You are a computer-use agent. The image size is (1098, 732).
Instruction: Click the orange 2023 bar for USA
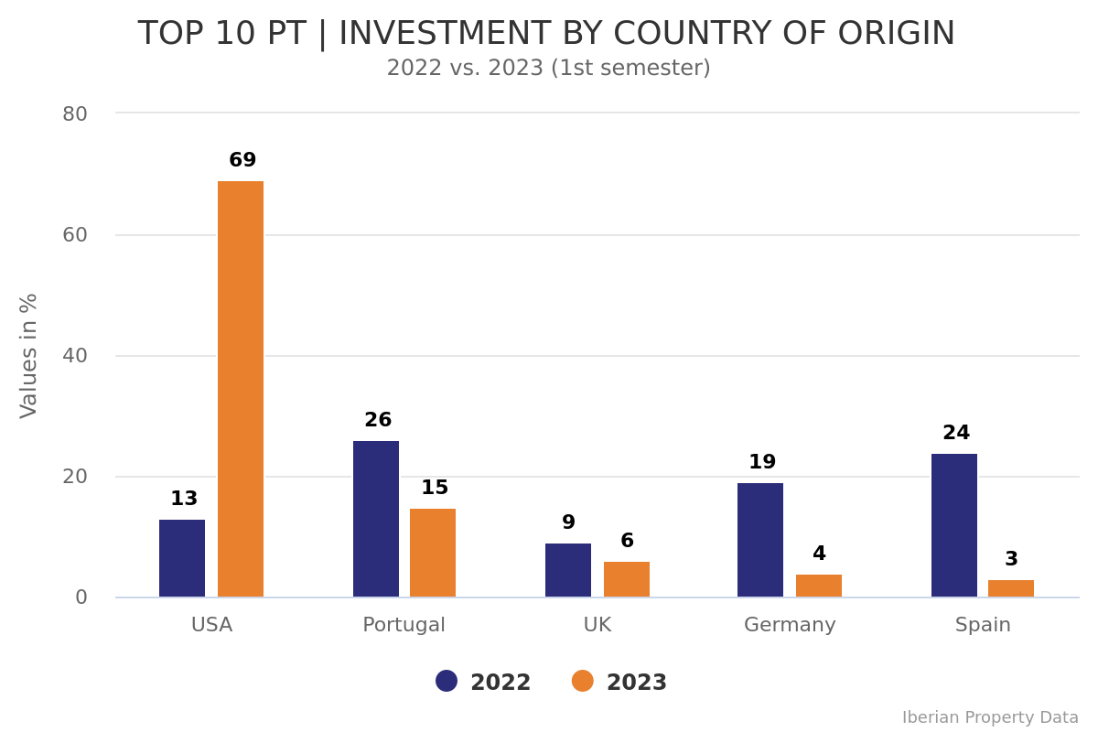coord(241,389)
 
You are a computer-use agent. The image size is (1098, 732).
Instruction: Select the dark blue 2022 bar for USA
coord(182,558)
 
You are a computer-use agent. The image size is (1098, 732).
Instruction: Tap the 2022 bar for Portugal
coord(376,519)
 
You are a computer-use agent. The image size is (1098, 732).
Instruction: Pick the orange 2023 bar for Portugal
coord(433,553)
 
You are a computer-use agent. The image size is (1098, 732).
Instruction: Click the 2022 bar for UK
coord(568,570)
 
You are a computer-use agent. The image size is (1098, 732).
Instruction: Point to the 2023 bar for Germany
coord(819,586)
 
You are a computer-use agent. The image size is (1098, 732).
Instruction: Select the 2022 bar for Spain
coord(954,525)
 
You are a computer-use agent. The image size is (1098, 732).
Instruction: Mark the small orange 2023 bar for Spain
coord(1011,588)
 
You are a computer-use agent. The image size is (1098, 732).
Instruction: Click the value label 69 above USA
coord(242,161)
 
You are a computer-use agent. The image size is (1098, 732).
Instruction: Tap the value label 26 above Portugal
coord(378,421)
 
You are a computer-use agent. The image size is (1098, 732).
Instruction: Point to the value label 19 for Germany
coord(762,463)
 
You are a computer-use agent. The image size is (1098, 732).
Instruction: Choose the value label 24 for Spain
coord(956,434)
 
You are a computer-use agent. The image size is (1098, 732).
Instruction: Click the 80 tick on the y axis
coord(75,114)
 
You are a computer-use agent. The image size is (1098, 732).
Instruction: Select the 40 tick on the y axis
coord(75,356)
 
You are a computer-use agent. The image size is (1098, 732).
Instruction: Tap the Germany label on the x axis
coord(790,626)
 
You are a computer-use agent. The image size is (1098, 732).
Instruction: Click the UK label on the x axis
coord(597,626)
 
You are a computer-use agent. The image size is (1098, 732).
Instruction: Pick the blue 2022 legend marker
coord(447,682)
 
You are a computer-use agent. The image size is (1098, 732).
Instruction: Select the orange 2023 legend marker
coord(583,682)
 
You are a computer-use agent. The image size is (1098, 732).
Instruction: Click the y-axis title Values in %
coord(29,356)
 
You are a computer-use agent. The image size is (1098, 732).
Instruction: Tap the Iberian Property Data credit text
coord(990,718)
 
